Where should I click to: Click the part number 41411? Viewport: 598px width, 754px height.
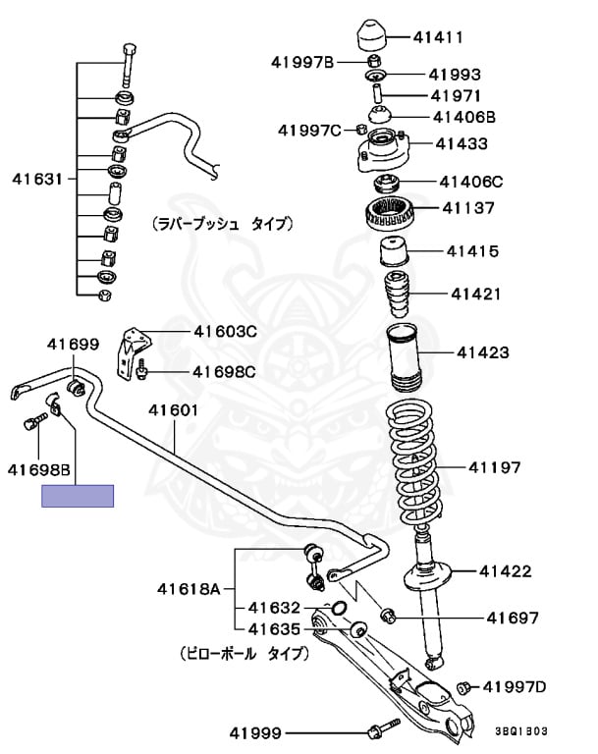pyautogui.click(x=438, y=38)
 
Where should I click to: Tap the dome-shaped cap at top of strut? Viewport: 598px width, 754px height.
pyautogui.click(x=375, y=34)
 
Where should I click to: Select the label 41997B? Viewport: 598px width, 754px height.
pyautogui.click(x=303, y=63)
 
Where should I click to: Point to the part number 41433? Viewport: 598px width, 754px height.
pyautogui.click(x=461, y=143)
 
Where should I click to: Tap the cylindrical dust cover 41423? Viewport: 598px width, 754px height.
pyautogui.click(x=402, y=358)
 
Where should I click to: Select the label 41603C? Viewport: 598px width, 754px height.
pyautogui.click(x=225, y=332)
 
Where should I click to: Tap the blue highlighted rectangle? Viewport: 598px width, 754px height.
pyautogui.click(x=78, y=496)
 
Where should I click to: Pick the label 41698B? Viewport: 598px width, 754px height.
pyautogui.click(x=39, y=470)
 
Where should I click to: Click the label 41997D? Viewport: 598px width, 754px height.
pyautogui.click(x=520, y=686)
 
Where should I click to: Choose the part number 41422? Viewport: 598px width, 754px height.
pyautogui.click(x=505, y=570)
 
